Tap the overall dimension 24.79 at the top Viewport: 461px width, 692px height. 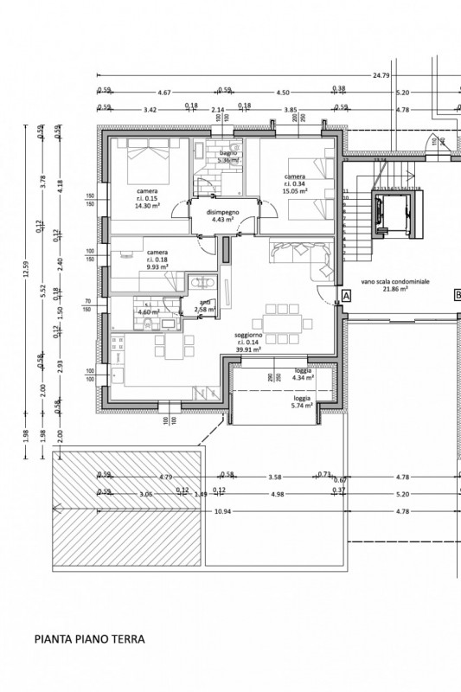click(381, 75)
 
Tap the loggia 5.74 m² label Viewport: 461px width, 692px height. click(301, 402)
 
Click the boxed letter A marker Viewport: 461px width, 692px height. click(345, 296)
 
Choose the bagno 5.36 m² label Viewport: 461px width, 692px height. click(227, 157)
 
